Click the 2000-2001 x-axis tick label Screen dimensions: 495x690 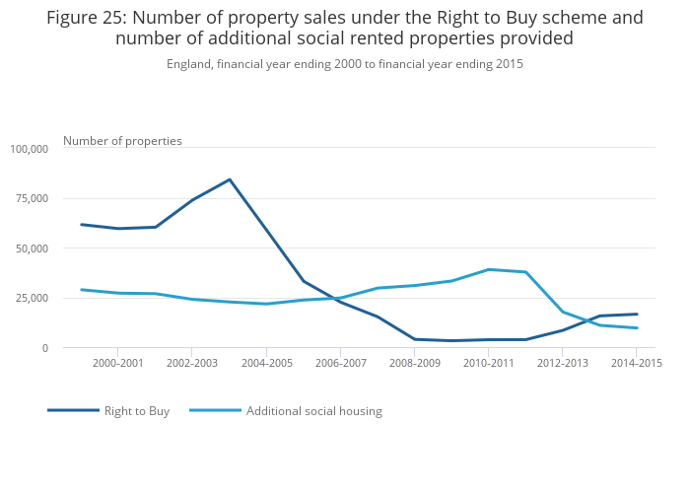(117, 363)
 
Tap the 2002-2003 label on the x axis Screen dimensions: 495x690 (191, 363)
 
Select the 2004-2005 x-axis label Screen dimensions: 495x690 (266, 363)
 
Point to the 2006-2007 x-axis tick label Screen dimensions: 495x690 (340, 363)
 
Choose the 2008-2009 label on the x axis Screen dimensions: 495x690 (414, 363)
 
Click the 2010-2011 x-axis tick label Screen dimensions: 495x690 (489, 363)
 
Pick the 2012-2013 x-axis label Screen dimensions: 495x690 (563, 363)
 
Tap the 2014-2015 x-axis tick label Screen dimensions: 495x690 (637, 363)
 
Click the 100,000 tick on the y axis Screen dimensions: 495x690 (29, 149)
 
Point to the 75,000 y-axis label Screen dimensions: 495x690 (32, 198)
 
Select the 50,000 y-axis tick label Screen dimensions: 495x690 (32, 248)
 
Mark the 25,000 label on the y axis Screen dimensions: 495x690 (32, 298)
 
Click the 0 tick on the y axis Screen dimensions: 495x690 (44, 348)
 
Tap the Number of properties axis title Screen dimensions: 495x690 (122, 141)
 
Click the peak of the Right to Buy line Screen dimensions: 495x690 (230, 179)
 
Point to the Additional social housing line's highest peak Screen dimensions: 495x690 (489, 269)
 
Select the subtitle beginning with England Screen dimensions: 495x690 (344, 64)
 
